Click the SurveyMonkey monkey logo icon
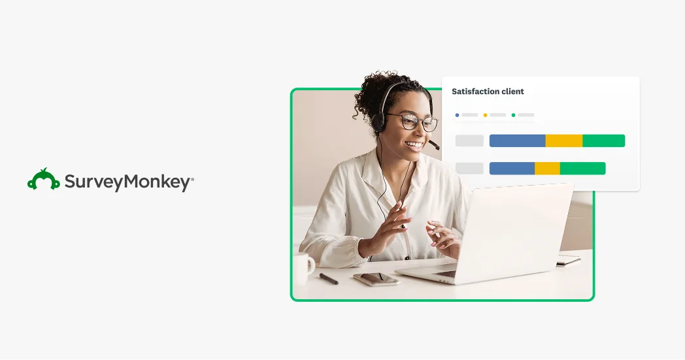[44, 180]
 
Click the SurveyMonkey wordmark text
[128, 182]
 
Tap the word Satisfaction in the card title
[475, 91]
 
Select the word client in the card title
[513, 91]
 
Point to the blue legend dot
[457, 115]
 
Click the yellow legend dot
[485, 115]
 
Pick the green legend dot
[513, 115]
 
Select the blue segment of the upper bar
[517, 140]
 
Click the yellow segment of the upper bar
[563, 140]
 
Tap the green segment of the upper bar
[603, 140]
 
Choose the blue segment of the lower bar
[512, 169]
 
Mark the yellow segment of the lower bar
[547, 169]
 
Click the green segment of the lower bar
[582, 169]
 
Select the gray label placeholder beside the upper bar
[469, 140]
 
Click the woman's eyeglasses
[412, 122]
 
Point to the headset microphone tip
[435, 146]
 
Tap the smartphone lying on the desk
[376, 279]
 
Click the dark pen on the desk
[328, 278]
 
